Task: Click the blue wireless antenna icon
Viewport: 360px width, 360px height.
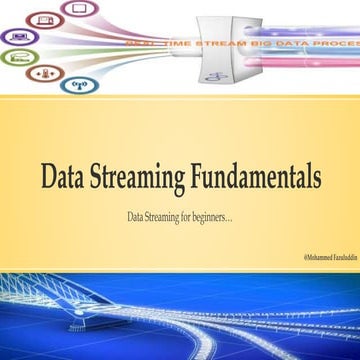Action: pyautogui.click(x=74, y=84)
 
